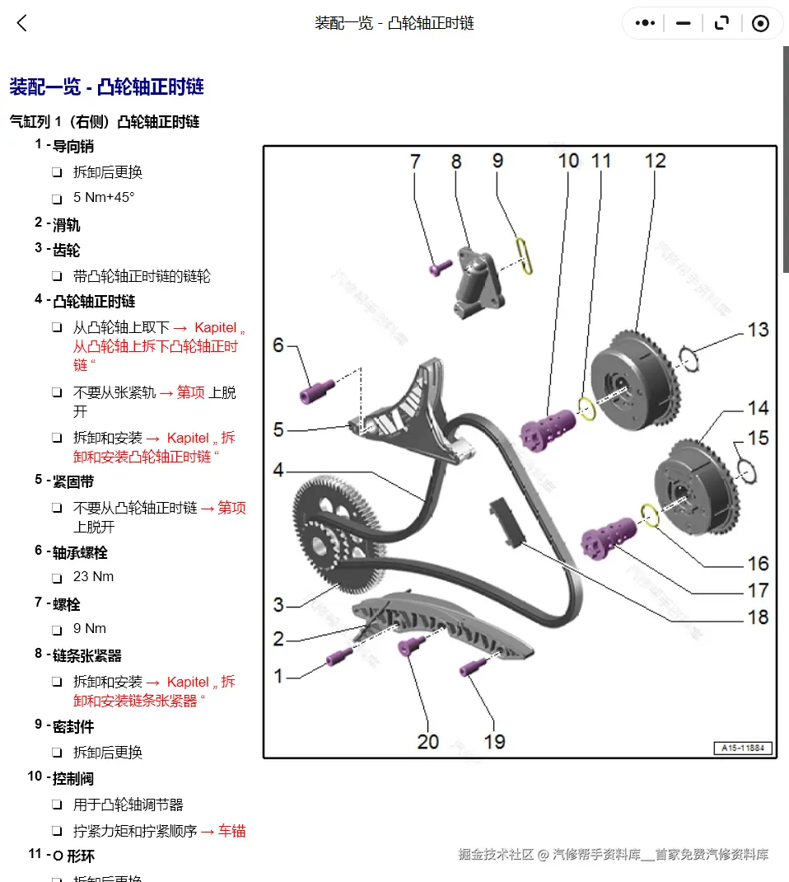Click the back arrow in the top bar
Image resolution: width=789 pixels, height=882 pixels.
[22, 23]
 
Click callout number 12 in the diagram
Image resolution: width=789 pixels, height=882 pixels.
[655, 160]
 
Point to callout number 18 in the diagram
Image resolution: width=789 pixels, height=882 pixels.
[757, 617]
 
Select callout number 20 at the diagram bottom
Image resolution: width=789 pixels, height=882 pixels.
[428, 741]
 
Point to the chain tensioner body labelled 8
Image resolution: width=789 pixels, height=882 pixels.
[474, 281]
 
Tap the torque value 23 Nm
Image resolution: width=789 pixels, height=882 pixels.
[93, 576]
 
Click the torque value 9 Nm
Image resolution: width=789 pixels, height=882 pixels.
[90, 628]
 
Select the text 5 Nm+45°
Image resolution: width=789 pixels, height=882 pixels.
[104, 197]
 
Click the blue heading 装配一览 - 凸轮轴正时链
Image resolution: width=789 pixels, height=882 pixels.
[106, 87]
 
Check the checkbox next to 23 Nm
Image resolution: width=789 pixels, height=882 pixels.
[57, 578]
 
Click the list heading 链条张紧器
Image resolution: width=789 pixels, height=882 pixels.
[86, 655]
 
